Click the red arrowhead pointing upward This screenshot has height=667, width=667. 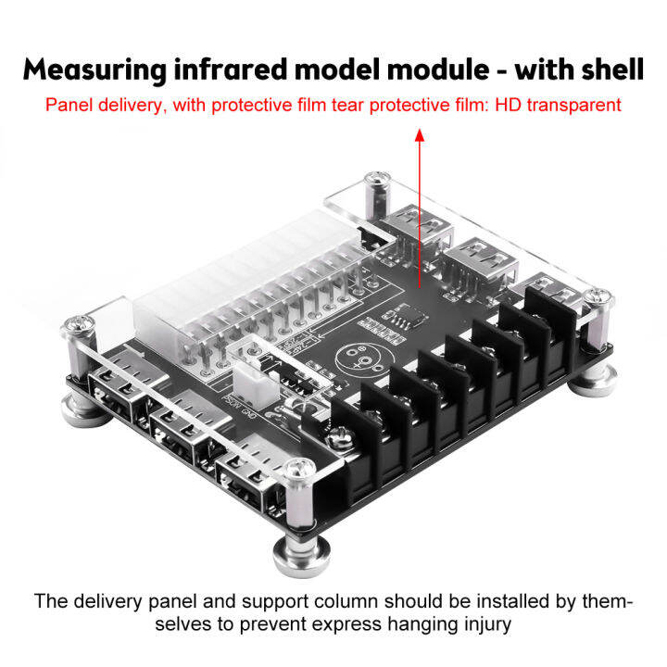click(420, 135)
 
